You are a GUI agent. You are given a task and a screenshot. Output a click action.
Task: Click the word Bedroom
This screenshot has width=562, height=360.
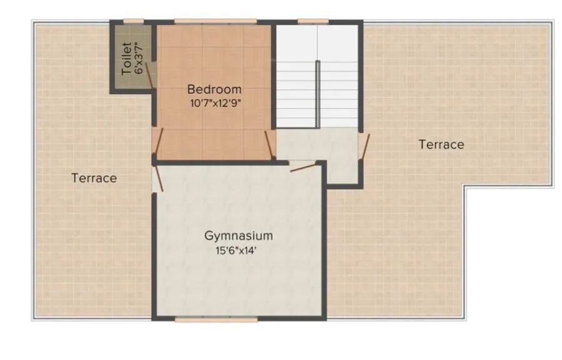click(214, 89)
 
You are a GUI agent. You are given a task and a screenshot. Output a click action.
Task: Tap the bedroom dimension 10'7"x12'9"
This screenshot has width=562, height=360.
click(215, 104)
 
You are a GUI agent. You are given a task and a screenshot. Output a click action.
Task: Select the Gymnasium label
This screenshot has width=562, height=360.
click(239, 236)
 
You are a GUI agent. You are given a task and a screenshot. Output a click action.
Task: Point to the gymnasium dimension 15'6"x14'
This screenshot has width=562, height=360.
click(235, 250)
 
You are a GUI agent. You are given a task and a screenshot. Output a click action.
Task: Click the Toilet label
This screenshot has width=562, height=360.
click(126, 59)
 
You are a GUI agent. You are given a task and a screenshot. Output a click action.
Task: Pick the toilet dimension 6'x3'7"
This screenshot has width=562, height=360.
click(139, 57)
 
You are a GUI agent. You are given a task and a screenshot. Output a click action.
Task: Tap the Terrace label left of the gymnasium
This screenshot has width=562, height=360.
click(94, 178)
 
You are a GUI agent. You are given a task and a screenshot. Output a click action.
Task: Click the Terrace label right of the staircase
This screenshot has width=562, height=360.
click(441, 144)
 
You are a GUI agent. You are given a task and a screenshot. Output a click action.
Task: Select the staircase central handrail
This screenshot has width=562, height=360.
click(318, 94)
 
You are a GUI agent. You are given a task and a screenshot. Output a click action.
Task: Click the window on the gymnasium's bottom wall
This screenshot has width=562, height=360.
click(216, 319)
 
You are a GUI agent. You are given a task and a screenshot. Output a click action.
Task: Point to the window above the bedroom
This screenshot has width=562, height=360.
click(215, 21)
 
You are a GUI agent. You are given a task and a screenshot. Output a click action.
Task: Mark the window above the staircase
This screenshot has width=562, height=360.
click(313, 21)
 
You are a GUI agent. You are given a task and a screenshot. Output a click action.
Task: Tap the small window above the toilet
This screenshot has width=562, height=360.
click(134, 21)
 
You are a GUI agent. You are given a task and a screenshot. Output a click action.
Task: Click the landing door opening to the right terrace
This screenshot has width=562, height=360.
click(364, 147)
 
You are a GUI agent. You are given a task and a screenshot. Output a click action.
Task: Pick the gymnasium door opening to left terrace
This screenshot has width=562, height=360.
click(158, 178)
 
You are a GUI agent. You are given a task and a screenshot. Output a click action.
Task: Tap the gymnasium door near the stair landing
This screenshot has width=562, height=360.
click(303, 167)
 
